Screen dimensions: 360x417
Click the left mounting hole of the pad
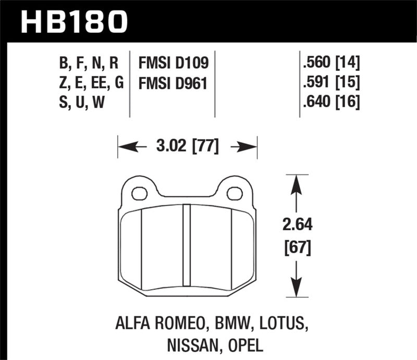(x=139, y=194)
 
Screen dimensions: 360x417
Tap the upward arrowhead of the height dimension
(x=297, y=182)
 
